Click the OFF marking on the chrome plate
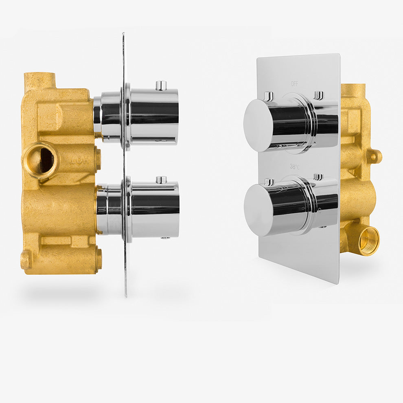coord(294,84)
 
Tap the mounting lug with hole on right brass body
coord(375,156)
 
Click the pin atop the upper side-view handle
coord(161,85)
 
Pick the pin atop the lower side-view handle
coord(161,180)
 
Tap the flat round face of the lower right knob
coord(258,210)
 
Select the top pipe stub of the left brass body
coord(39,81)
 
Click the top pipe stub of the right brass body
coord(353,90)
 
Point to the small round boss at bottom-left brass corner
coord(26,260)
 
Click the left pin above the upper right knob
coord(269,96)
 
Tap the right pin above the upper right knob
coord(319,95)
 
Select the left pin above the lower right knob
coord(269,182)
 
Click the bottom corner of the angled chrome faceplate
coord(335,282)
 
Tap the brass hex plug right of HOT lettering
coord(98,158)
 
